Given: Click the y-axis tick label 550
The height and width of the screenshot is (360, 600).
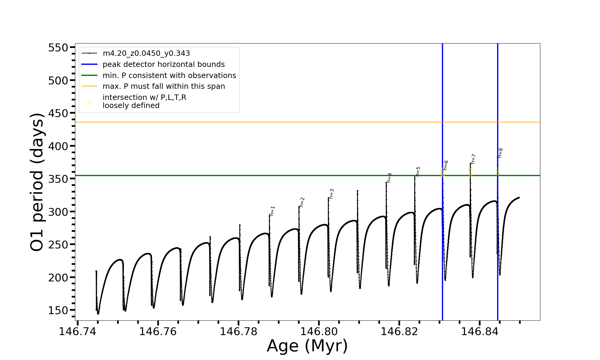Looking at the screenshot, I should [x=58, y=48].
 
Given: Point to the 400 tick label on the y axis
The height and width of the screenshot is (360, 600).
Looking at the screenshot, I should [x=58, y=146].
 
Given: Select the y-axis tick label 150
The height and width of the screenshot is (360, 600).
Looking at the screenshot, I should [x=58, y=310].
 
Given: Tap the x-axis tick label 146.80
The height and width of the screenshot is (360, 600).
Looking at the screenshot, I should [x=319, y=331].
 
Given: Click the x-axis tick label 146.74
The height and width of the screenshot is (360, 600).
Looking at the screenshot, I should [x=77, y=331].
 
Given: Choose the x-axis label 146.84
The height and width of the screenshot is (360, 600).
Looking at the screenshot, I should [x=479, y=331].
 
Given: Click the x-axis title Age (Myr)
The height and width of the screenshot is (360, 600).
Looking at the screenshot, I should [x=307, y=346].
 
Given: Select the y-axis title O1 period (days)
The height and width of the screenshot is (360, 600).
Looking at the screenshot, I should [x=37, y=182].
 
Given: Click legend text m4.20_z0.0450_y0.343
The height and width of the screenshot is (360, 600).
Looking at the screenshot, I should [x=146, y=53].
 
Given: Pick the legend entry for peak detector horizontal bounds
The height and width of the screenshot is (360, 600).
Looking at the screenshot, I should [x=163, y=64].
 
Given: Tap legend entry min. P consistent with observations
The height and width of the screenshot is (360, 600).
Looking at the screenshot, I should [x=169, y=76].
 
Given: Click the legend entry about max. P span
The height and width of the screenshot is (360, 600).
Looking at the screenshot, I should [x=163, y=86].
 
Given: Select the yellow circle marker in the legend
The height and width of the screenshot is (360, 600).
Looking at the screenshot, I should [x=89, y=102].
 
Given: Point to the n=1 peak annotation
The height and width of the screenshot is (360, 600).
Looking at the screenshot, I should [x=272, y=211].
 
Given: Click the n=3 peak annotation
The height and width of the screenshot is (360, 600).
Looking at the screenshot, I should [x=331, y=194].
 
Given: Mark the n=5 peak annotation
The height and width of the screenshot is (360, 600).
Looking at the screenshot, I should [x=418, y=172].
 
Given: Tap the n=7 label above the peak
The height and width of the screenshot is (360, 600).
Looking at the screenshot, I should [x=473, y=159].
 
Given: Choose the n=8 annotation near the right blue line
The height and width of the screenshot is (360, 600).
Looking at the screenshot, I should [x=500, y=153].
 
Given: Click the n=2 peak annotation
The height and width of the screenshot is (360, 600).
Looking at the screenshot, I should [x=302, y=202].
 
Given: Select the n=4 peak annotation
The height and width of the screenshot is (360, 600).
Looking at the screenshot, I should [x=389, y=178].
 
